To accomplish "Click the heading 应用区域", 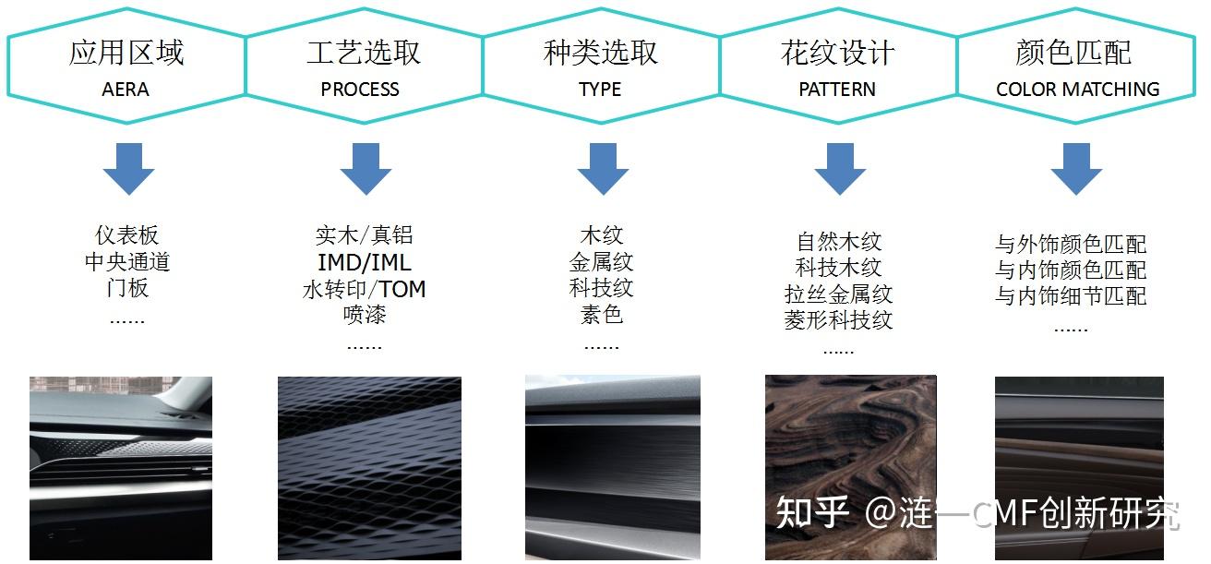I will tap(126, 53).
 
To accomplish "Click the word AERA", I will tap(126, 90).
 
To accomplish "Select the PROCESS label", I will tap(360, 90).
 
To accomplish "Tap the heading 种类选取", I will tap(601, 53).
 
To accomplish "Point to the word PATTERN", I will tap(837, 90).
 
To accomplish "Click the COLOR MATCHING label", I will tap(1077, 90).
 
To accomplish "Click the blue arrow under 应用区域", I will tap(128, 168).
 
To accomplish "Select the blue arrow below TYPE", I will tap(603, 168).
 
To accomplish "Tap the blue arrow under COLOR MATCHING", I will tap(1076, 168).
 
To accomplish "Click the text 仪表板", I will tap(127, 235).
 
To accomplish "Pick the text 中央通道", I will tap(127, 262).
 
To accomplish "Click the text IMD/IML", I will tap(365, 263).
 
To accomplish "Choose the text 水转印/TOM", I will tap(365, 289).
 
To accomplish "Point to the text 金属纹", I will tap(602, 263).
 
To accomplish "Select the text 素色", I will tap(602, 315).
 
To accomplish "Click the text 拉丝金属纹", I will tap(839, 294).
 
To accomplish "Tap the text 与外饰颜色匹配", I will tap(1071, 245).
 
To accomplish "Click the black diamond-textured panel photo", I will tap(369, 467).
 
